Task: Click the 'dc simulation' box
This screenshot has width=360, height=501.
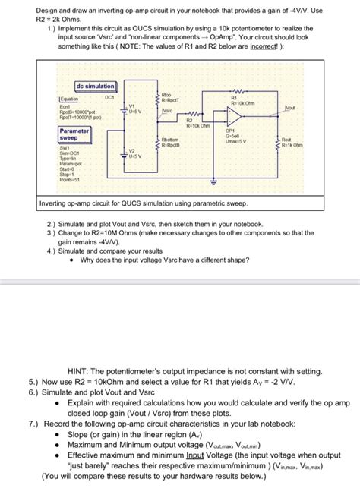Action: tap(96, 87)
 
